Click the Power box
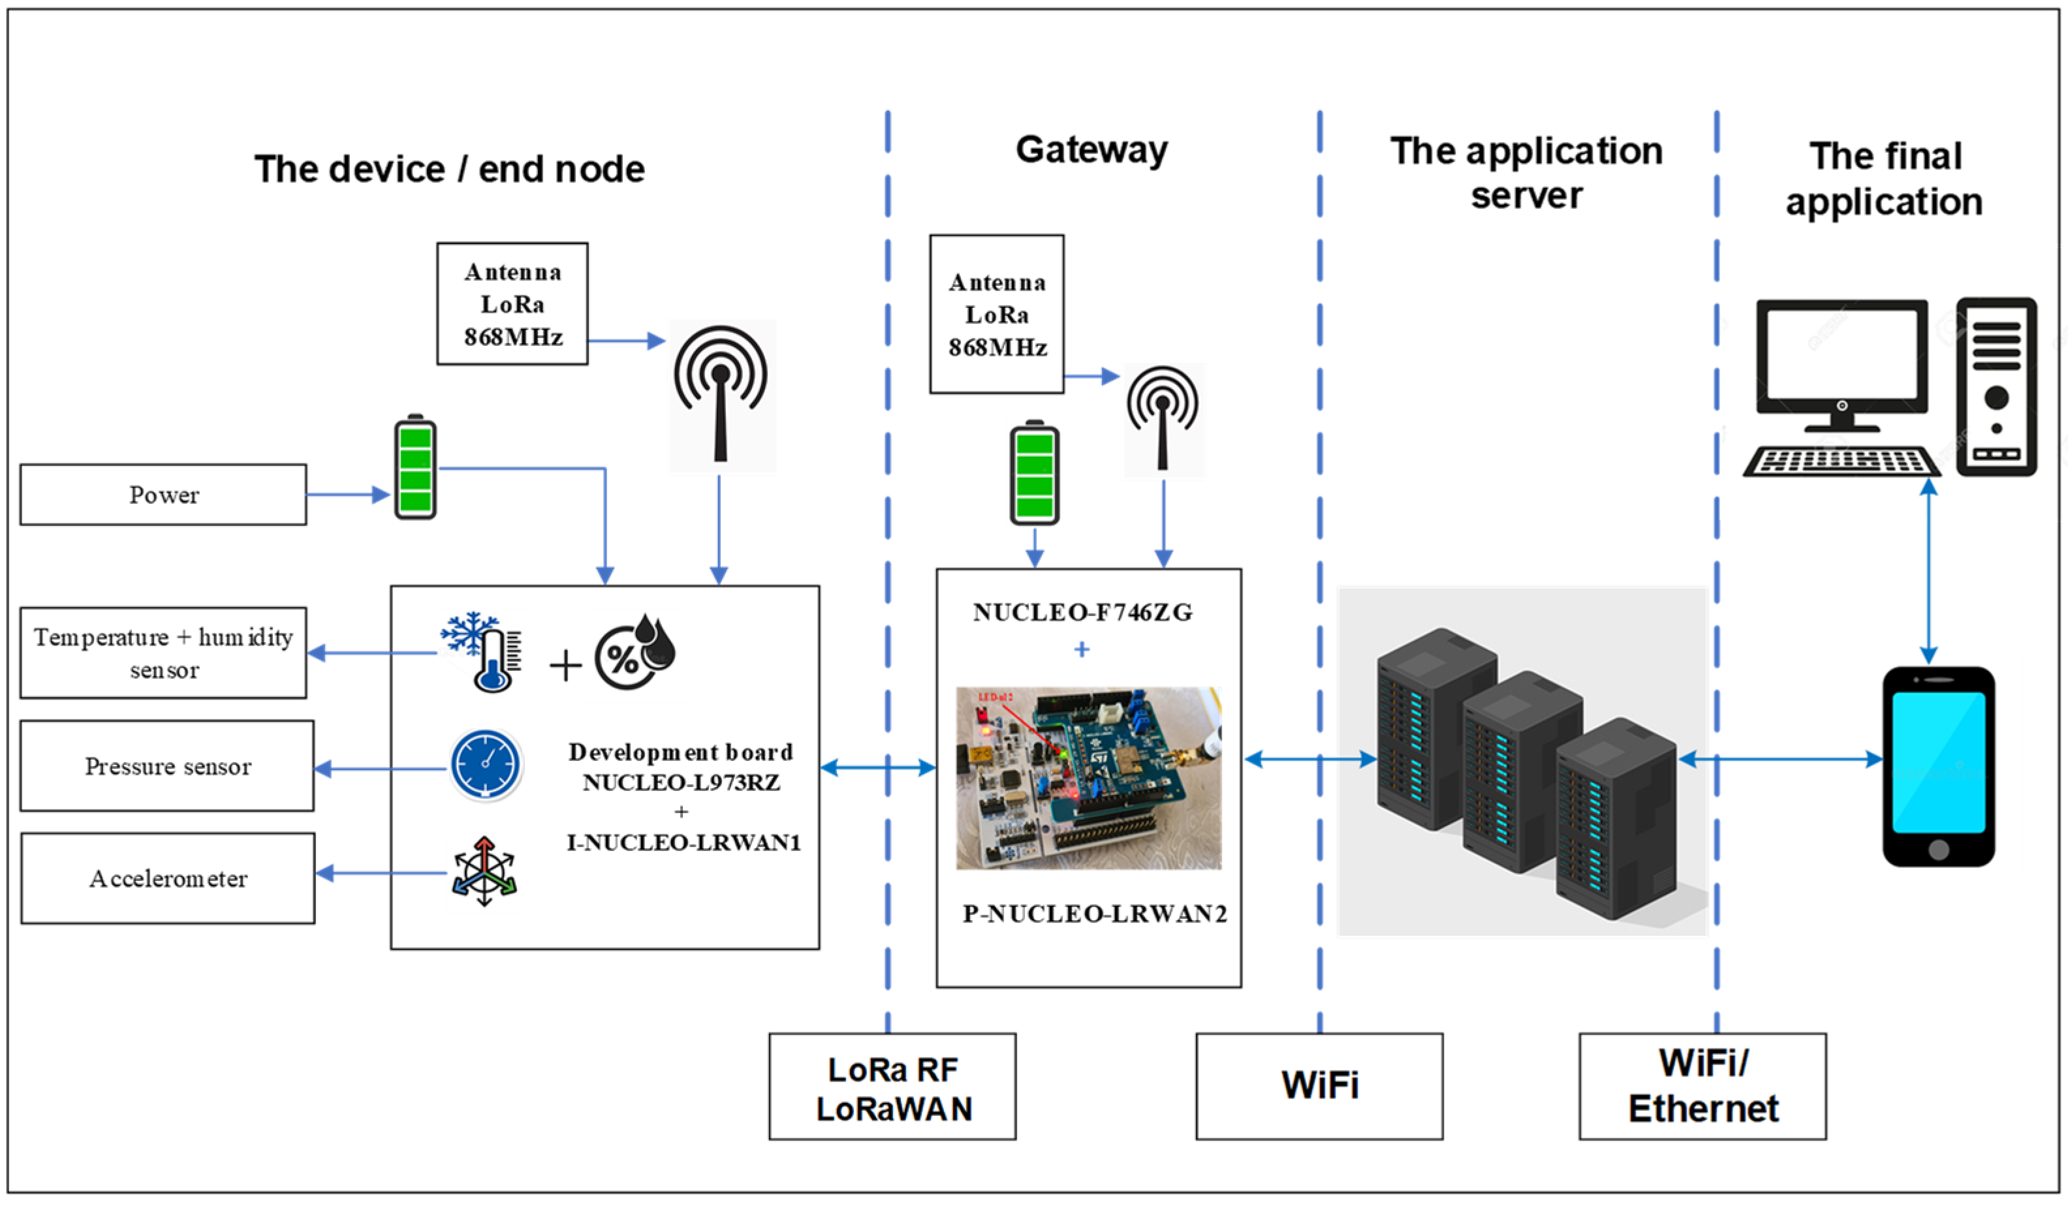pos(163,495)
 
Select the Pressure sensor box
pos(166,766)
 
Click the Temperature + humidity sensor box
pos(163,653)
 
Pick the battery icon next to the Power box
pos(415,468)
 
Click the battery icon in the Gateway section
pos(1034,474)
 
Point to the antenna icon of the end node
pos(721,394)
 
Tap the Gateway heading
pos(1091,150)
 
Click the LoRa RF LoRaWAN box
pos(892,1087)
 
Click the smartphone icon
pos(1938,766)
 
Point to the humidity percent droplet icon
pos(634,653)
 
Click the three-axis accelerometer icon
pos(484,871)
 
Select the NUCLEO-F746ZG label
pos(1082,612)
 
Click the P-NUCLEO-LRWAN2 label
pos(1095,914)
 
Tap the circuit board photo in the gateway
pos(1088,778)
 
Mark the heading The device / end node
pos(450,170)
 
